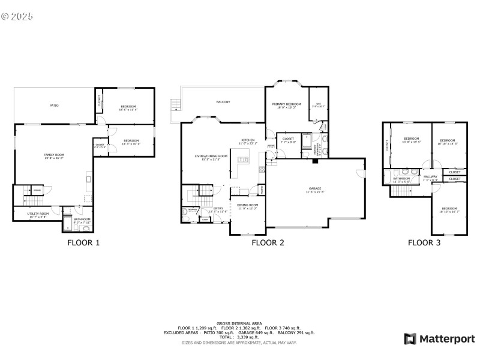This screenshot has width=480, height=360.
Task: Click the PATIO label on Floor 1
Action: pyautogui.click(x=54, y=106)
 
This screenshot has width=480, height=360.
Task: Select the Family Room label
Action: pyautogui.click(x=54, y=156)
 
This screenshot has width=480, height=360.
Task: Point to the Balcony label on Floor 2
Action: pyautogui.click(x=223, y=102)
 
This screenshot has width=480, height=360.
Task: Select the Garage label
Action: pyautogui.click(x=315, y=190)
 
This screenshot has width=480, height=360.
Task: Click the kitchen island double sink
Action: pyautogui.click(x=244, y=160)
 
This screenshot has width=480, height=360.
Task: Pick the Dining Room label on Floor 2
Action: pyautogui.click(x=248, y=207)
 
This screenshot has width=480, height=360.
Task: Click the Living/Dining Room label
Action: pyautogui.click(x=211, y=157)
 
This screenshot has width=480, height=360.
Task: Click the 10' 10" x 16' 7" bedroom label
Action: pyautogui.click(x=449, y=209)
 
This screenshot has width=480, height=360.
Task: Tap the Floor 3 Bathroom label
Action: pyautogui.click(x=401, y=179)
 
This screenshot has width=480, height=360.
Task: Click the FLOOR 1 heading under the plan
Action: pyautogui.click(x=83, y=243)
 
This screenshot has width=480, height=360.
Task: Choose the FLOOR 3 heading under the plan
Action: pyautogui.click(x=424, y=243)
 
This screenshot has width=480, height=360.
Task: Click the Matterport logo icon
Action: pyautogui.click(x=410, y=339)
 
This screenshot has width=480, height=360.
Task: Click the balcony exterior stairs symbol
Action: pyautogui.click(x=175, y=106)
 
